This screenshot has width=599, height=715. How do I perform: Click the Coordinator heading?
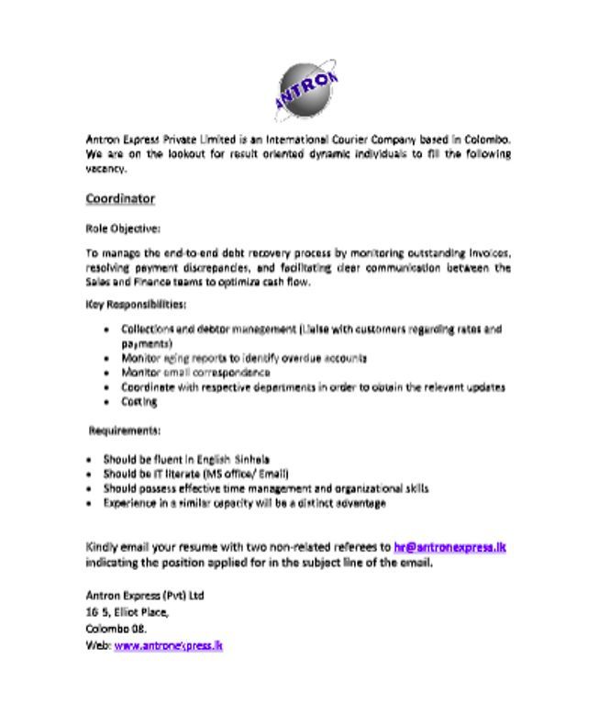coord(120,199)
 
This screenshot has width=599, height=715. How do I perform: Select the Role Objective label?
coord(122,228)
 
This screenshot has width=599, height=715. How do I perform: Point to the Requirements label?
coord(125,430)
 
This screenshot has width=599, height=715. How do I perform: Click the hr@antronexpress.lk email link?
coord(450,547)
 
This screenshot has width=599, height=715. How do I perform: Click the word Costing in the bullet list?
coord(139,401)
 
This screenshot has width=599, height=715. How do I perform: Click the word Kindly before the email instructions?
coord(102,547)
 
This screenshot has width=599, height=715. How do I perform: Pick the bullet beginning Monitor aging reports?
coord(244,358)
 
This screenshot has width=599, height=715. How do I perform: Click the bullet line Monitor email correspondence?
coord(195,373)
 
